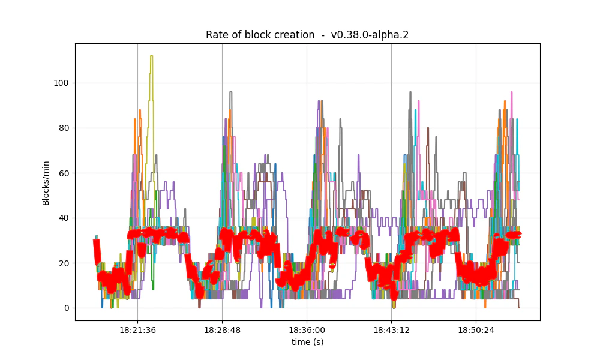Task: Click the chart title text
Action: (x=307, y=35)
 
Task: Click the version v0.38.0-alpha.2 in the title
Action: (x=370, y=35)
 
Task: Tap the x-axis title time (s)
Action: (x=307, y=341)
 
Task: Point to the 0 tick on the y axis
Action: (x=67, y=308)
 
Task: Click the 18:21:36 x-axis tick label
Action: (x=138, y=330)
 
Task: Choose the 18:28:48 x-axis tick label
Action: (x=223, y=330)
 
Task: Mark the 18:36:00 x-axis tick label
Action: (x=307, y=330)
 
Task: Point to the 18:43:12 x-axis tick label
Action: (x=392, y=330)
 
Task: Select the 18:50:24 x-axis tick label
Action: (x=476, y=330)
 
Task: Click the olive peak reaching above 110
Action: (x=151, y=56)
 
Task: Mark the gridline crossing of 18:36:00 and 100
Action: (x=307, y=83)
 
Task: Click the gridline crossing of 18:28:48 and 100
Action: (x=223, y=83)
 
